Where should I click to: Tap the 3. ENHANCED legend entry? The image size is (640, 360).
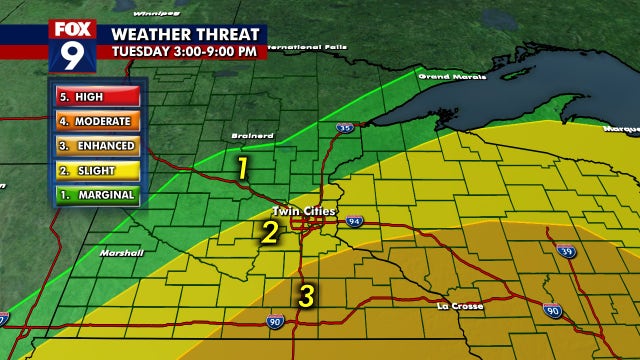tap(97, 147)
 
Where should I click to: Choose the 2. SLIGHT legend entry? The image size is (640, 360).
tap(97, 170)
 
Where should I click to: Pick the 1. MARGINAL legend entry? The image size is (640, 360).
tap(97, 193)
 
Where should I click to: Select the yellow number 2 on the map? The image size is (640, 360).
tap(270, 233)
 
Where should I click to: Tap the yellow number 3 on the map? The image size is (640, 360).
tap(307, 295)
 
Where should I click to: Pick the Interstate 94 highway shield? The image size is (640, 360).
tap(355, 220)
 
